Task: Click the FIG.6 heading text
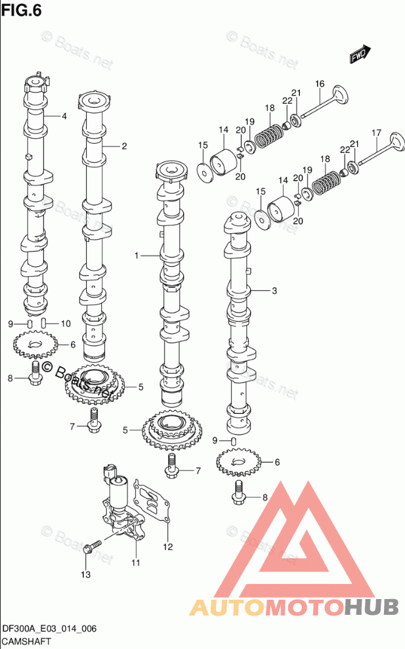pos(22,10)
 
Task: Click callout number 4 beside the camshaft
pos(64,116)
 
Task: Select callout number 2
pos(124,146)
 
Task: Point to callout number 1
pos(137,256)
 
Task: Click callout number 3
pos(274,291)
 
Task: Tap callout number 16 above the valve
pos(320,84)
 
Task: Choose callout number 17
pos(377,133)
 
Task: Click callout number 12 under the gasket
pos(167,547)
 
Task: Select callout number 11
pos(136,563)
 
